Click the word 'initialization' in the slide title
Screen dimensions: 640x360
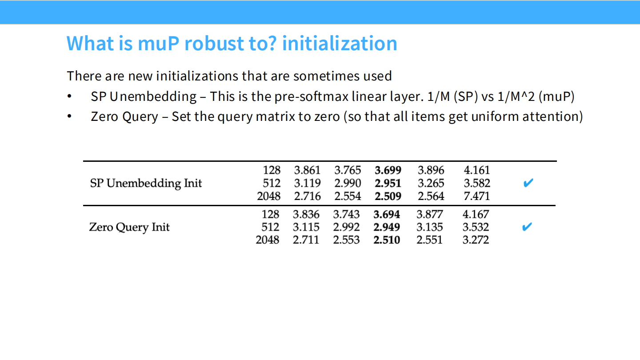pyautogui.click(x=340, y=44)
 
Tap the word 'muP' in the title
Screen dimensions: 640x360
pyautogui.click(x=159, y=44)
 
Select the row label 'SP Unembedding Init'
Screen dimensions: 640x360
pyautogui.click(x=146, y=183)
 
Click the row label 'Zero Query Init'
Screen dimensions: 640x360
pyautogui.click(x=129, y=227)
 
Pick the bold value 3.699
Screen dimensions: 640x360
pyautogui.click(x=388, y=170)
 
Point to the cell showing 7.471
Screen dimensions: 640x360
pyautogui.click(x=477, y=196)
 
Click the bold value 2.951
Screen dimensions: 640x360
pyautogui.click(x=388, y=183)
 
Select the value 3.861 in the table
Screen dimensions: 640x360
pyautogui.click(x=308, y=170)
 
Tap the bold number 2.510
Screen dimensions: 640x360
pyautogui.click(x=387, y=240)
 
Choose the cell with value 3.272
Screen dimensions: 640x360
pyautogui.click(x=476, y=240)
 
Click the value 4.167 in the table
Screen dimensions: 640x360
pyautogui.click(x=476, y=214)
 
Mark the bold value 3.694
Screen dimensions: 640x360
pyautogui.click(x=387, y=214)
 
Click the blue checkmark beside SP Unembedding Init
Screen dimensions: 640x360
pyautogui.click(x=528, y=183)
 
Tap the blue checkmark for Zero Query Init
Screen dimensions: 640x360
pyautogui.click(x=527, y=227)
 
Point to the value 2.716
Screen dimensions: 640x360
pyautogui.click(x=308, y=196)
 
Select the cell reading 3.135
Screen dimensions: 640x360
pyautogui.click(x=429, y=227)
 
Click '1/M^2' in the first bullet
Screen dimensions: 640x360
pyautogui.click(x=516, y=96)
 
